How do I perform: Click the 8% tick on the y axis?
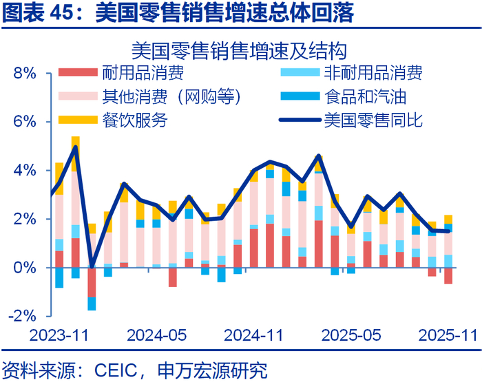[x=23, y=73]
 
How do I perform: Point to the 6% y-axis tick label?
[x=23, y=122]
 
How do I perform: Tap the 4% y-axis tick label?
[x=23, y=171]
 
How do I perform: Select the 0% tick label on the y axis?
[x=23, y=268]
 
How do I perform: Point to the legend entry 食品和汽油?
[x=363, y=97]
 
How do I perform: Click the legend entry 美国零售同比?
[x=371, y=121]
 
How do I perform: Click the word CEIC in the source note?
[x=107, y=368]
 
